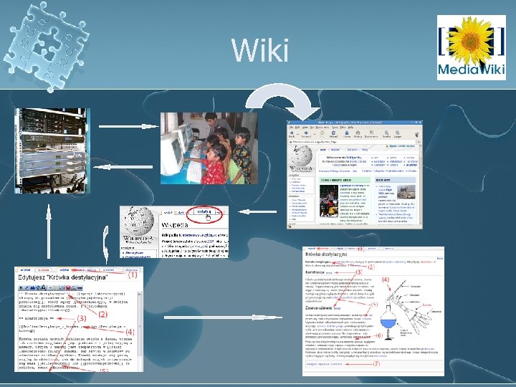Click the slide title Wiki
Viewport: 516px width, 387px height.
pos(260,51)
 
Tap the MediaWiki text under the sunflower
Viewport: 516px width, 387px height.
pos(472,70)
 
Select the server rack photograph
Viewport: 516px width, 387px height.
pos(49,150)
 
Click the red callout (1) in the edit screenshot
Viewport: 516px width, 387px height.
pos(133,274)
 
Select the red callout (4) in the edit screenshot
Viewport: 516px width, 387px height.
pos(130,333)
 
